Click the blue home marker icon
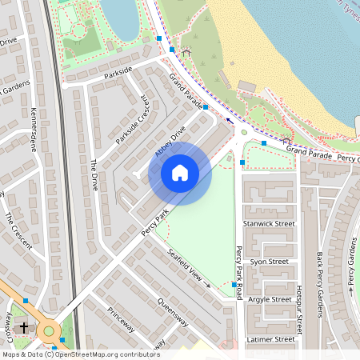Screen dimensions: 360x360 180,173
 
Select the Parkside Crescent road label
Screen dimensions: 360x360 132,120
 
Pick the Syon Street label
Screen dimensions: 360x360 268,262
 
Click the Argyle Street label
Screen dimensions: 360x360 270,299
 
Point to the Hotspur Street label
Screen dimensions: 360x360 299,307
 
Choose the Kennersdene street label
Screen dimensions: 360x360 33,130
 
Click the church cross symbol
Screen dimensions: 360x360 24,327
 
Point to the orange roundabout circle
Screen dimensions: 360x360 50,330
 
